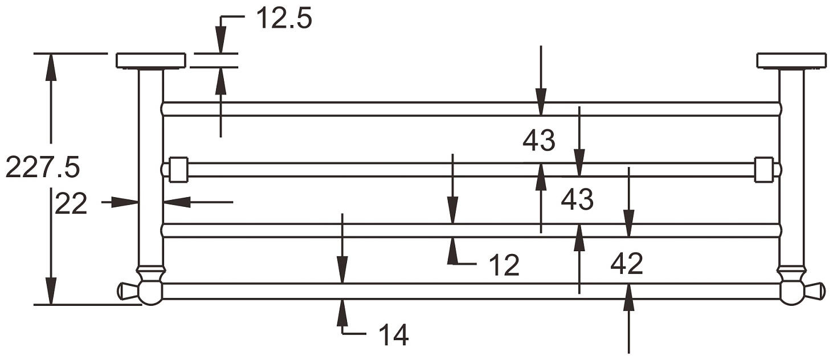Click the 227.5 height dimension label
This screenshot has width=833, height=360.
43,167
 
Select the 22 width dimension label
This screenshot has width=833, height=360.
71,204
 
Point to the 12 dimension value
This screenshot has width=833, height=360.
504,265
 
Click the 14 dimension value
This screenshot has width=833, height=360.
394,335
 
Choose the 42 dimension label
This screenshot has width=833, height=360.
627,264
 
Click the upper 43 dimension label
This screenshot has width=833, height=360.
539,141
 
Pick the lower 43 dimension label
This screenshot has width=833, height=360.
577,199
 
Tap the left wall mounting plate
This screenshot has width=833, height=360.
151,61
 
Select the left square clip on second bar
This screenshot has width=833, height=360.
178,170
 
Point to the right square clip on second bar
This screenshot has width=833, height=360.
764,170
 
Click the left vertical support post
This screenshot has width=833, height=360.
151,167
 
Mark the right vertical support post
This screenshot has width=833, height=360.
792,167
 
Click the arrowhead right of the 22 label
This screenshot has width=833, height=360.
177,202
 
